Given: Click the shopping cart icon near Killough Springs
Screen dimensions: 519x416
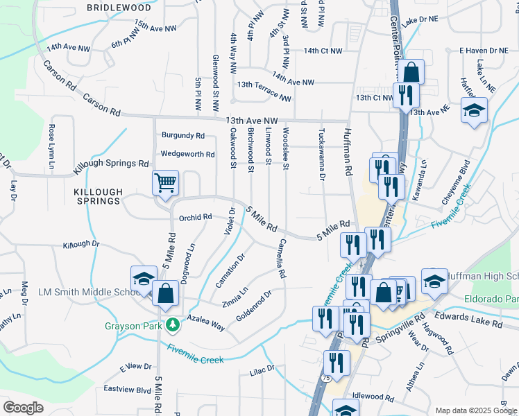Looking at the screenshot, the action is point(166,183).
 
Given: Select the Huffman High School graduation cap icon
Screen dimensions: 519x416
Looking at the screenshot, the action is point(434,280).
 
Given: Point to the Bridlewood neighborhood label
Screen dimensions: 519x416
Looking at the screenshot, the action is point(119,7).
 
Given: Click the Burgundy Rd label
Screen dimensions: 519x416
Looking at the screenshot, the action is point(183,135).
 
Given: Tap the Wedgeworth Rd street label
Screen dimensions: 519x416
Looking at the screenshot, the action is point(188,154).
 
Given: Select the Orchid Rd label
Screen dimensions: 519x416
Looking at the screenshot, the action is point(195,217).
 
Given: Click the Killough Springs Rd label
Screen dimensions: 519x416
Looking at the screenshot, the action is point(111,165).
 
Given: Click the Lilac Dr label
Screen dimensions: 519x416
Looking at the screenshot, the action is point(262,373).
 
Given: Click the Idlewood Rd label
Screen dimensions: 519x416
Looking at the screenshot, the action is point(373,397).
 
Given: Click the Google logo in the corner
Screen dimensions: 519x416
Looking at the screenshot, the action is point(24,407).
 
